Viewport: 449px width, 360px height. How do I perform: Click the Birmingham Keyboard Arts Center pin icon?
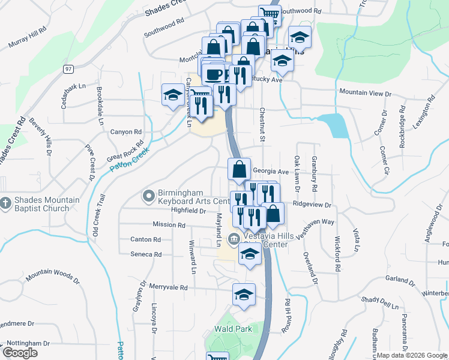[x=148, y=195]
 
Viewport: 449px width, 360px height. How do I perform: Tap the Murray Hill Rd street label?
[x=28, y=37]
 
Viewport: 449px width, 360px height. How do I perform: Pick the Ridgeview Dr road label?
[x=312, y=205]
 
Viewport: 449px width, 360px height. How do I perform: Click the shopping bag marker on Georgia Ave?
[x=239, y=170]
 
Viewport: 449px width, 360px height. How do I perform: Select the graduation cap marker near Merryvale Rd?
[x=244, y=295]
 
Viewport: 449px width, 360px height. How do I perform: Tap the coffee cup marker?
[x=214, y=73]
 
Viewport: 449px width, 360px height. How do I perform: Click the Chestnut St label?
[x=262, y=125]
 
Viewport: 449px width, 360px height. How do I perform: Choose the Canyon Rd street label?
[x=125, y=132]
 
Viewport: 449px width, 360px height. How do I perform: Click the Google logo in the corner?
[x=20, y=352]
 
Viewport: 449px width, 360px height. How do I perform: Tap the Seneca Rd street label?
[x=146, y=254]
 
